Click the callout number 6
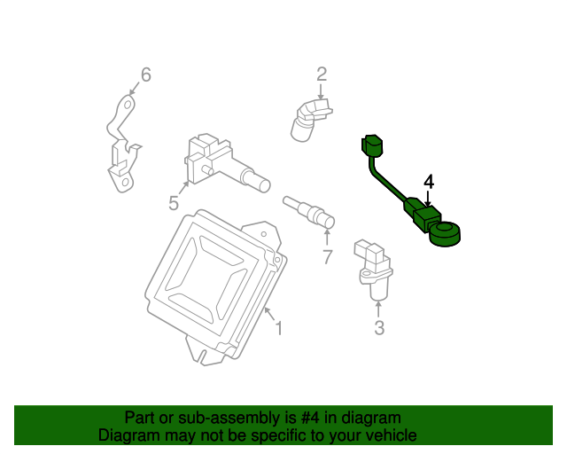pos(145,75)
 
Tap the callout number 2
pos(322,74)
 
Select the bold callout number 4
pos(429,182)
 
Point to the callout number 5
pos(174,203)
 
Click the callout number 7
pos(327,257)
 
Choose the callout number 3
pos(379,328)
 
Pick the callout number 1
pos(278,328)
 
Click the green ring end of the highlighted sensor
pos(445,234)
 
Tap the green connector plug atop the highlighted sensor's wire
pos(372,145)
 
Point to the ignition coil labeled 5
pos(226,162)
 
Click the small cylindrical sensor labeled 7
pos(309,212)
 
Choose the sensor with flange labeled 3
pos(374,269)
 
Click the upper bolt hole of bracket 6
pos(128,106)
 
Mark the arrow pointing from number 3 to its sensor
pos(378,310)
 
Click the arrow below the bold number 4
pos(428,199)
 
